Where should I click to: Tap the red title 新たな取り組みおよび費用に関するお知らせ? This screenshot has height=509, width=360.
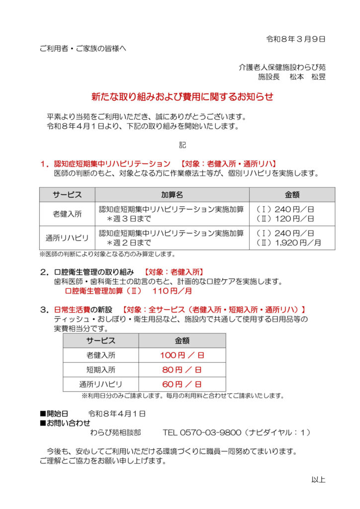click(x=182, y=97)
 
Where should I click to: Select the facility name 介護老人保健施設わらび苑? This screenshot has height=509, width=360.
click(x=282, y=67)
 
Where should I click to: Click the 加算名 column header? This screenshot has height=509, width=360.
click(x=172, y=194)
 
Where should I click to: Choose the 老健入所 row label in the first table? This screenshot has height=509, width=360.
click(x=67, y=214)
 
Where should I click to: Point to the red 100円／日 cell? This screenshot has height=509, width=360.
click(x=182, y=355)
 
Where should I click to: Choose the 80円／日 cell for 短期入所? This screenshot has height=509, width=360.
click(x=182, y=369)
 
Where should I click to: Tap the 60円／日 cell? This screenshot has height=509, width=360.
click(x=182, y=384)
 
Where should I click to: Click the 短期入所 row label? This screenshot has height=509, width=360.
click(x=100, y=369)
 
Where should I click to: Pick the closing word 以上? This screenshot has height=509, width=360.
click(x=318, y=480)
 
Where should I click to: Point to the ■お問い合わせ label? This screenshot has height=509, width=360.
click(x=65, y=423)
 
